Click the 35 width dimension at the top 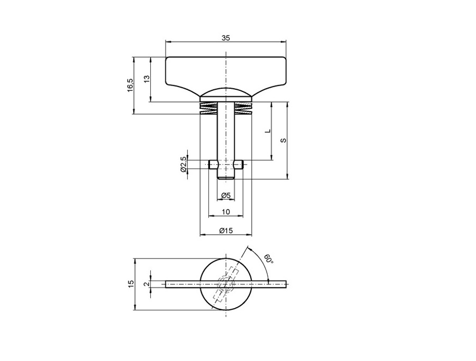click(x=226, y=38)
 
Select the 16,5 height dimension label click(x=130, y=85)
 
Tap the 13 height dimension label click(x=147, y=78)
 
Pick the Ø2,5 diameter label click(x=184, y=164)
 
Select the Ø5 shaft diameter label click(x=226, y=196)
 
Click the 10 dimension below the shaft click(x=226, y=212)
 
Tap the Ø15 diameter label click(x=226, y=230)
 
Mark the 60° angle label click(x=269, y=260)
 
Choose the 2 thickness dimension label click(x=147, y=284)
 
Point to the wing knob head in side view click(x=226, y=71)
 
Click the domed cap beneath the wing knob click(x=226, y=93)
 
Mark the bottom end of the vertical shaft click(x=226, y=177)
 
